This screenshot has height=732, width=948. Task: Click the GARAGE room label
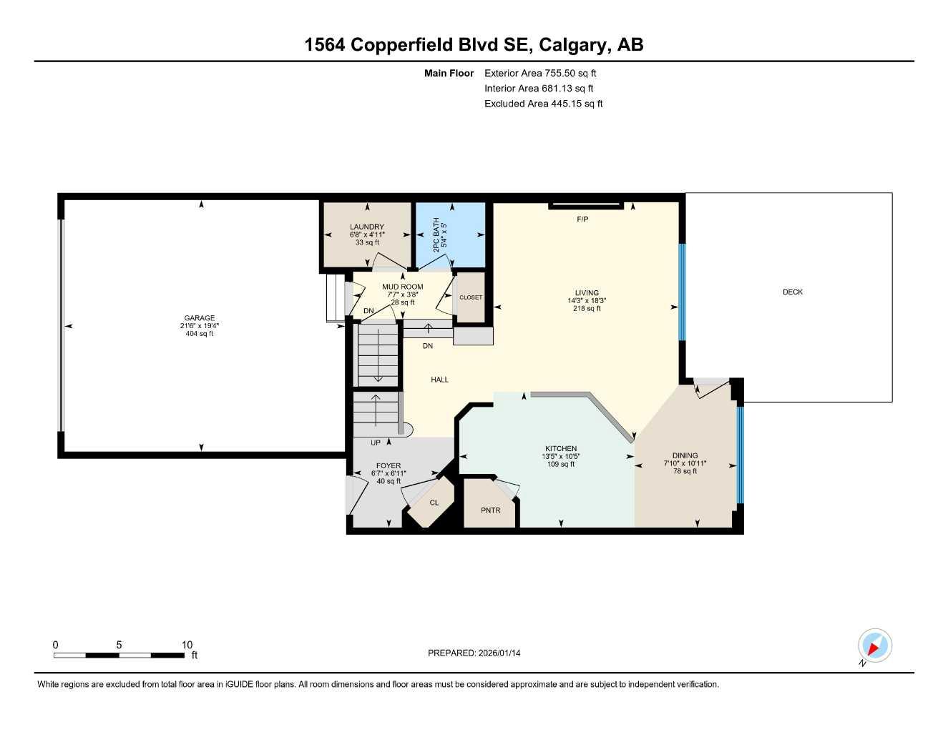[x=199, y=318]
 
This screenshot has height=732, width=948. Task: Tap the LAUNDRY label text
[x=367, y=227]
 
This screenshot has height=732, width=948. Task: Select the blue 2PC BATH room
[x=451, y=234]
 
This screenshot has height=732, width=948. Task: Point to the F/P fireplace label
[x=582, y=219]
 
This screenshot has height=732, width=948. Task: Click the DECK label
[x=792, y=292]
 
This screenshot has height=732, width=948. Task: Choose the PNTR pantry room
[x=490, y=510]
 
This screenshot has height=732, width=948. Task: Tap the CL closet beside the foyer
[x=434, y=503]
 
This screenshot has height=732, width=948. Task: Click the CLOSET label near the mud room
[x=470, y=297]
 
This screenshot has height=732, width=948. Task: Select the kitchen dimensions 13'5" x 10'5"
[x=560, y=456]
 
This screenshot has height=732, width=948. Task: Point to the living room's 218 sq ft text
[x=587, y=309]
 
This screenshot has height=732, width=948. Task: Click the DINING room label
[x=685, y=455]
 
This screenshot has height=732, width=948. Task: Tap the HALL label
[x=439, y=380]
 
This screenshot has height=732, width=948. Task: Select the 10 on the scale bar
[x=187, y=645]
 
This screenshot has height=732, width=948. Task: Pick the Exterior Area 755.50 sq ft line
[x=540, y=73]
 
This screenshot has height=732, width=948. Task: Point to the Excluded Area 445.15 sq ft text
[x=543, y=104]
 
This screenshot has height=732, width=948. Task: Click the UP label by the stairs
[x=375, y=442]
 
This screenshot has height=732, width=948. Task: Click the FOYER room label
[x=389, y=465]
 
